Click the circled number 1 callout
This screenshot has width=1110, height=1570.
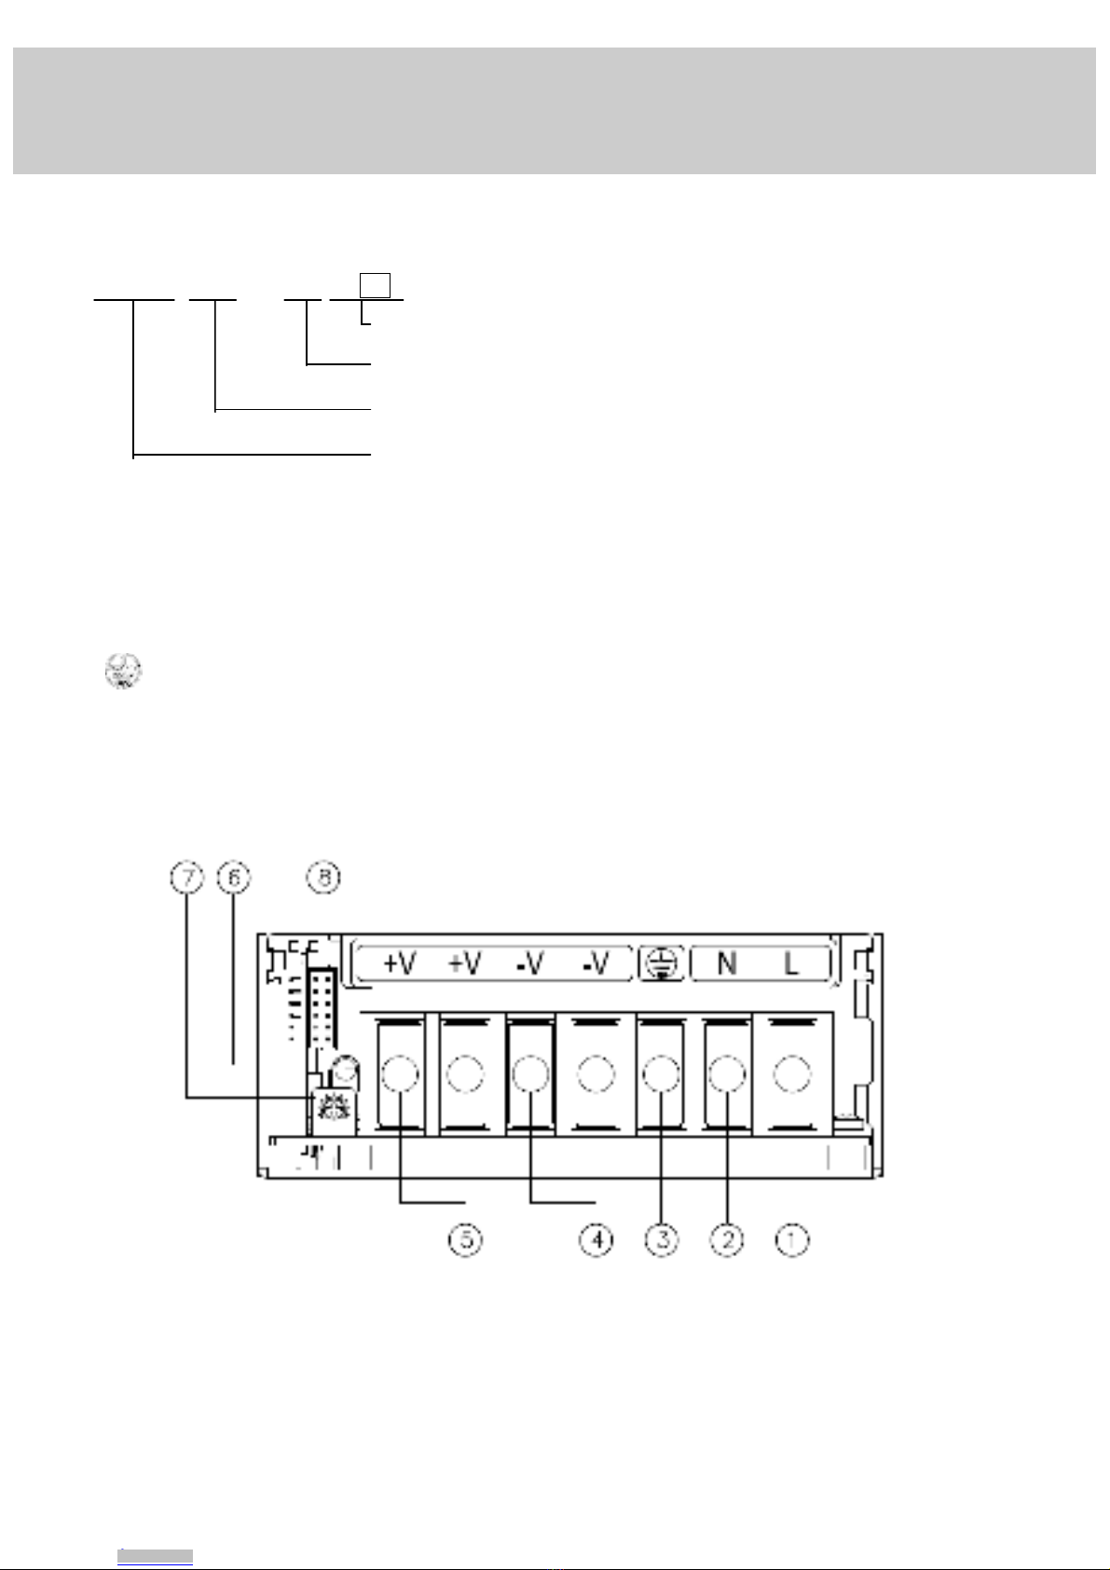pos(791,1240)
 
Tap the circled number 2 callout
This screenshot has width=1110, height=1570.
pos(727,1240)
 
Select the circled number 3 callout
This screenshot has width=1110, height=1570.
pos(662,1240)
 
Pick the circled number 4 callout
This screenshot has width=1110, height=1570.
pos(596,1240)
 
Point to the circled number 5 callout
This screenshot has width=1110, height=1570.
pos(466,1240)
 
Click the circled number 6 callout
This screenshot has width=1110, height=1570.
pos(234,878)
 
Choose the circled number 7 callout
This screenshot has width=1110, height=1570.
pos(186,878)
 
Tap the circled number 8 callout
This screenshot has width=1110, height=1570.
pos(324,878)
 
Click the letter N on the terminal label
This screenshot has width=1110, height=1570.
pos(726,963)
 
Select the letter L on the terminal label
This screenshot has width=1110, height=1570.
pos(791,963)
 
